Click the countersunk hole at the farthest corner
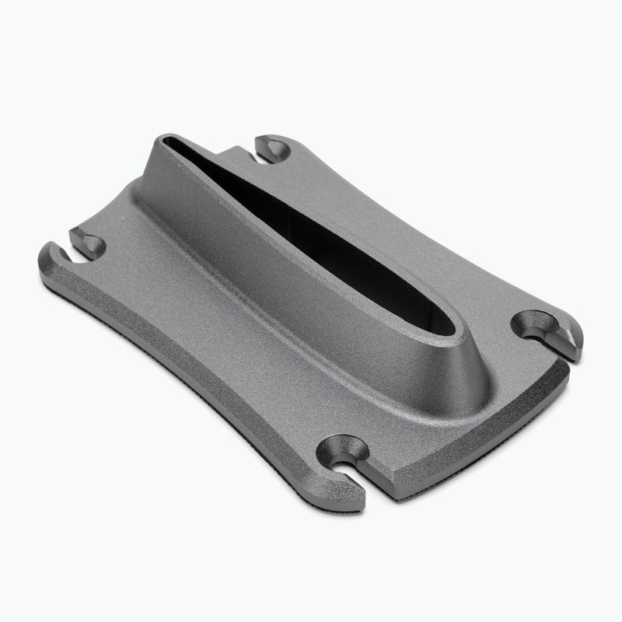(271, 146)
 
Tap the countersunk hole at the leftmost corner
(87, 242)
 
